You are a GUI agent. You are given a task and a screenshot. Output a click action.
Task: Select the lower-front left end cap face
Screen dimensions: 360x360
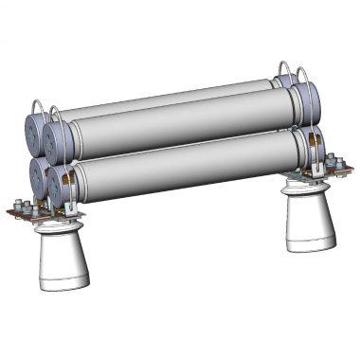pyautogui.click(x=63, y=189)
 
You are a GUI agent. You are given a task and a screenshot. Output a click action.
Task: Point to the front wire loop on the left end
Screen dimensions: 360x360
pyautogui.click(x=56, y=116)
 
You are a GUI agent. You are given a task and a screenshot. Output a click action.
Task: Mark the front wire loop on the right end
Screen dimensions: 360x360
pyautogui.click(x=305, y=76)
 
